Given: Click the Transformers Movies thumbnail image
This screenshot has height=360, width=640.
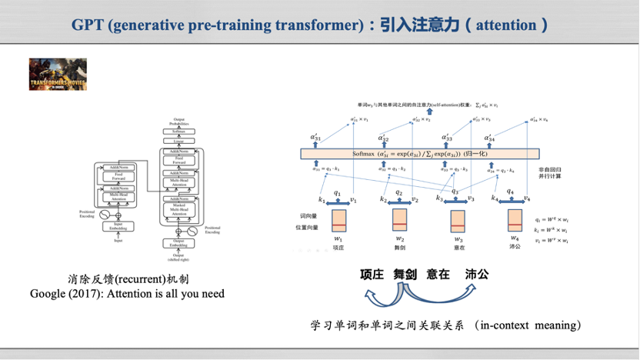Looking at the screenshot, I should coord(58,74).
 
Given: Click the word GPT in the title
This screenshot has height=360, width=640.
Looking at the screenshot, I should coord(88,25).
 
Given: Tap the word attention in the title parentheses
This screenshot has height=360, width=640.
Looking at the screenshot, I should coord(506,25).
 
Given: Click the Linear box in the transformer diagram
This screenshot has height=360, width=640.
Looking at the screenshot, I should coord(178,141).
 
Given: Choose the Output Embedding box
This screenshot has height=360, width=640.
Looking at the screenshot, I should coord(178,245).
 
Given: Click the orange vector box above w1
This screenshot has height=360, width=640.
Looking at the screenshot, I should coord(339,220).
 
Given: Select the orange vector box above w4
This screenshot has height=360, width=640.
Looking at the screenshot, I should coord(515,220).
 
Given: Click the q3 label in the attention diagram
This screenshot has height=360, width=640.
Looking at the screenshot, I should coord(455,192).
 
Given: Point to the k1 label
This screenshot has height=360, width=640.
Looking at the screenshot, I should coord(322,200).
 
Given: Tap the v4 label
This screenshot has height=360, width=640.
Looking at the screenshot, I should coord(527,199).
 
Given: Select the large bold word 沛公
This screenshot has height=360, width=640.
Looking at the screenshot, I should coord(477,274).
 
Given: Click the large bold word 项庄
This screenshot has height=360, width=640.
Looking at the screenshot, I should coord(374,274).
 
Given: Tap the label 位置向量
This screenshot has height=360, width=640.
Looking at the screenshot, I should coord(309,227).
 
